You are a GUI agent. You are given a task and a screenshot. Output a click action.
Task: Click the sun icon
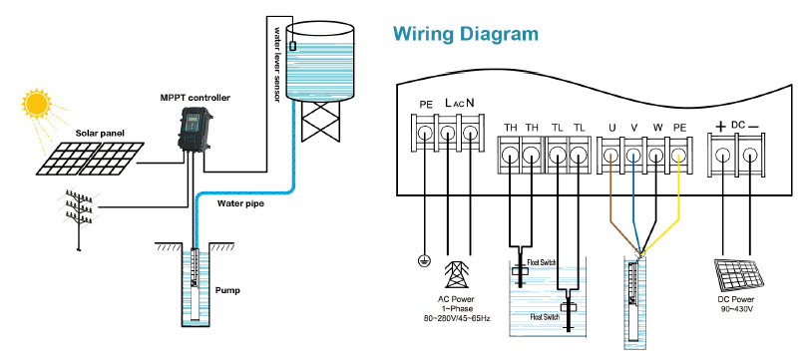tap(37, 105)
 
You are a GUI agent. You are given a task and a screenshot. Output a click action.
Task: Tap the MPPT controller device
tap(196, 129)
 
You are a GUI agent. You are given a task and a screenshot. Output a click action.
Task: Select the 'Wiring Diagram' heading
tap(466, 34)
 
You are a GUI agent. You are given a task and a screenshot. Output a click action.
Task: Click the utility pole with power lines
tap(79, 219)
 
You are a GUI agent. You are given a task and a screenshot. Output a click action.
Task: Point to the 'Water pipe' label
tap(241, 203)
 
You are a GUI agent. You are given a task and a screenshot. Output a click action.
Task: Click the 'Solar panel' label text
tap(100, 134)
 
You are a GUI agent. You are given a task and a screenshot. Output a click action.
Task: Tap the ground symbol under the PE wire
tap(424, 261)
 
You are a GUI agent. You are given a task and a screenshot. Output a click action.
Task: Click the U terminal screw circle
tap(610, 156)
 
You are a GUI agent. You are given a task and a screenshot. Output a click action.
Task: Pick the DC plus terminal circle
tap(722, 155)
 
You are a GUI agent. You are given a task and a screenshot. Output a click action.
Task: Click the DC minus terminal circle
tap(750, 155)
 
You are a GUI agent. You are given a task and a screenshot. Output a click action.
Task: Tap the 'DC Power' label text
tap(736, 300)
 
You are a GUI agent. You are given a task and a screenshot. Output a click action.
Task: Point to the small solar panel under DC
tap(739, 275)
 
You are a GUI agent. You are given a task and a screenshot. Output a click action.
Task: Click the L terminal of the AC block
tap(448, 134)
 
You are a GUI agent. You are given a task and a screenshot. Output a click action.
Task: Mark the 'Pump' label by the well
tap(227, 290)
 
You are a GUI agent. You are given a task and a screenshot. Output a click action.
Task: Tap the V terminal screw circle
tap(633, 156)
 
